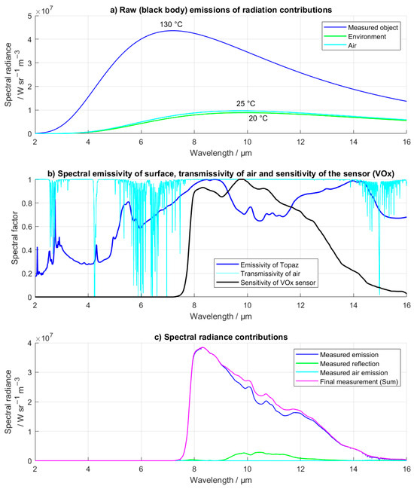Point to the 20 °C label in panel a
click(259, 118)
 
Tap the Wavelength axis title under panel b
click(220, 315)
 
